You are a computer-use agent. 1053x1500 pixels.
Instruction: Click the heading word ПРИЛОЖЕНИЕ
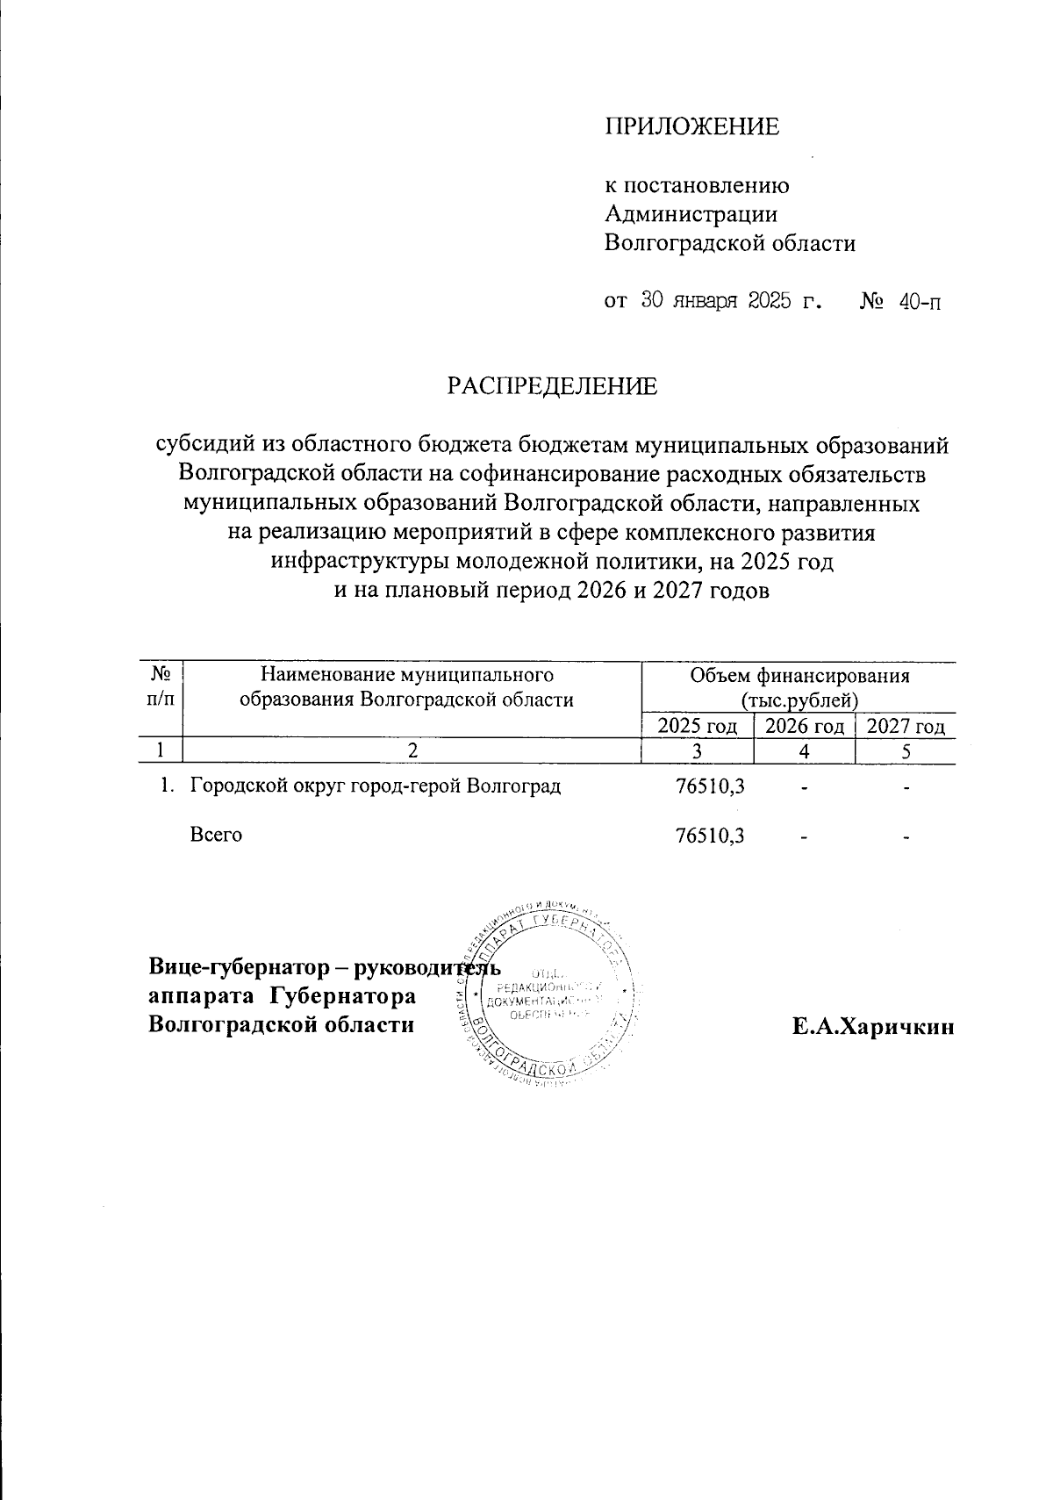pos(691,127)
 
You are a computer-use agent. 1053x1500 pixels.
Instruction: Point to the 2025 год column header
pos(698,727)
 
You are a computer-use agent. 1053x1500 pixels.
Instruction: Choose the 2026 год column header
pos(805,727)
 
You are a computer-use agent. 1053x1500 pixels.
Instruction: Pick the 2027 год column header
pos(906,727)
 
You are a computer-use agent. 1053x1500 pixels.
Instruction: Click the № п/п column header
pos(161,686)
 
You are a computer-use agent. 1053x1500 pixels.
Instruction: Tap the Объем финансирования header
pos(799,676)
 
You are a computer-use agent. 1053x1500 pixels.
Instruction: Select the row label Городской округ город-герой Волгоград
pos(376,786)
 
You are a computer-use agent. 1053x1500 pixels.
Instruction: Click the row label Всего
pos(216,836)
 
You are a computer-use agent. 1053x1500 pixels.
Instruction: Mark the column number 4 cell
pos(804,751)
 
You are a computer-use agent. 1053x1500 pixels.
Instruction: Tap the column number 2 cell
pos(411,751)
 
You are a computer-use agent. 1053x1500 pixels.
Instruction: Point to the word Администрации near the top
pos(691,214)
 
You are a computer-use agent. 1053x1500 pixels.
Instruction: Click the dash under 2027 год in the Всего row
pos(906,837)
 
